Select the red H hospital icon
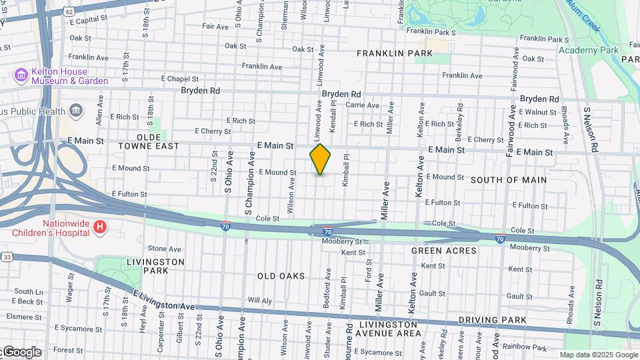click(100, 228)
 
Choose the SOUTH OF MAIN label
click(509, 180)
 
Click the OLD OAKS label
click(281, 276)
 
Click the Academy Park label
click(589, 50)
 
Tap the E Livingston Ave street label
click(163, 301)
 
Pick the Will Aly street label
click(259, 301)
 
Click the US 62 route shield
click(69, 11)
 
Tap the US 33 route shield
click(7, 257)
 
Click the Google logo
click(21, 352)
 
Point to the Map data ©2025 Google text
click(598, 355)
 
